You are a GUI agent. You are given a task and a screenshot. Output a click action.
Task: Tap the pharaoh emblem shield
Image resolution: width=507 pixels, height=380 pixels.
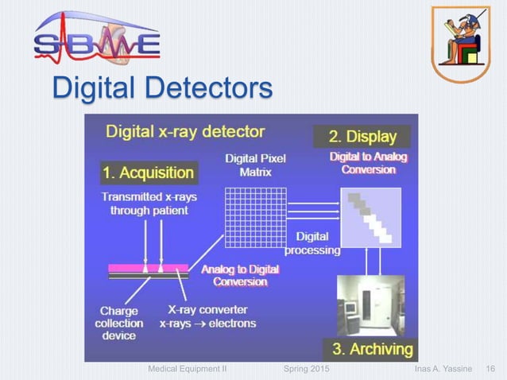pos(460,41)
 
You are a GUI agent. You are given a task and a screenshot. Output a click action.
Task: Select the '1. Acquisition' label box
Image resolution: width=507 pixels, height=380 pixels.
pos(149,172)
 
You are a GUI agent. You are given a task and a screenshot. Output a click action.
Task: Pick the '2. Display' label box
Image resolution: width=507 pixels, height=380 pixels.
pos(362,137)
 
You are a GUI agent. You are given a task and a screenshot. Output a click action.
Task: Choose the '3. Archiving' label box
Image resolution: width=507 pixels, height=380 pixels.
pos(371,348)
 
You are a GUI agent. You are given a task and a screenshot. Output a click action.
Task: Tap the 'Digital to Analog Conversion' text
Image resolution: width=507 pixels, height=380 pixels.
pos(368,163)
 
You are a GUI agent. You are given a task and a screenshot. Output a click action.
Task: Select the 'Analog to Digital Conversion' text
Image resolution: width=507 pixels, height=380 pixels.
pos(240,276)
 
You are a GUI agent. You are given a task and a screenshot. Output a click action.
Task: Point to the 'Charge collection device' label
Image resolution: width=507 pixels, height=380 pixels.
pos(118,324)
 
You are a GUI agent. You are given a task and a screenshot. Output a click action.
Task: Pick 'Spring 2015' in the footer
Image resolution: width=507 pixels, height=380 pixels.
pos(308,370)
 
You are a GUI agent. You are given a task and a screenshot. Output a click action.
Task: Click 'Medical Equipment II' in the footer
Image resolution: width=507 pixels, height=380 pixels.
pos(188,370)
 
